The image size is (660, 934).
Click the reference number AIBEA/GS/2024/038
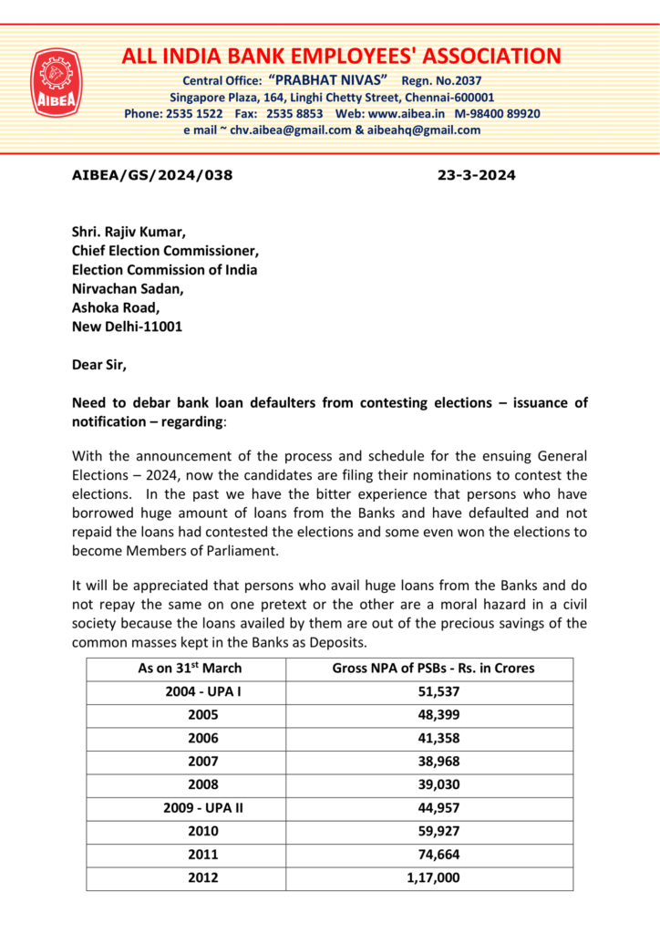152,175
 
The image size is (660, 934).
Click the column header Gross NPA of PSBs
433,668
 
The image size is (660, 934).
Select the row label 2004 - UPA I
202,692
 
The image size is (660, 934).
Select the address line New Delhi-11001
127,327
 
